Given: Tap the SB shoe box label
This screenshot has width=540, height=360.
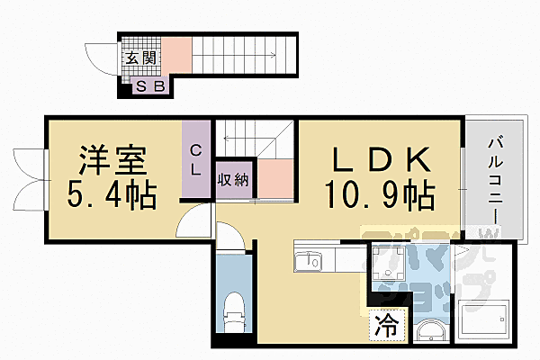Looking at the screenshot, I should click(148, 87).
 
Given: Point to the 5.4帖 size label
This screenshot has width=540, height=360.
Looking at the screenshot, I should click(112, 193).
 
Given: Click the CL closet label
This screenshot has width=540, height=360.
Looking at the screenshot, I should click(195, 161).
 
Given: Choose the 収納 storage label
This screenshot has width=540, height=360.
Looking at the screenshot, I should click(233, 178).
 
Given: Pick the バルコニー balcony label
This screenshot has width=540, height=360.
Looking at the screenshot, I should click(494, 181).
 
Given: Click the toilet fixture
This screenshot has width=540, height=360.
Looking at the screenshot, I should click(232, 311).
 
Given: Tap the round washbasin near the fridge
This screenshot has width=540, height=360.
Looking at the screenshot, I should click(428, 333).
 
